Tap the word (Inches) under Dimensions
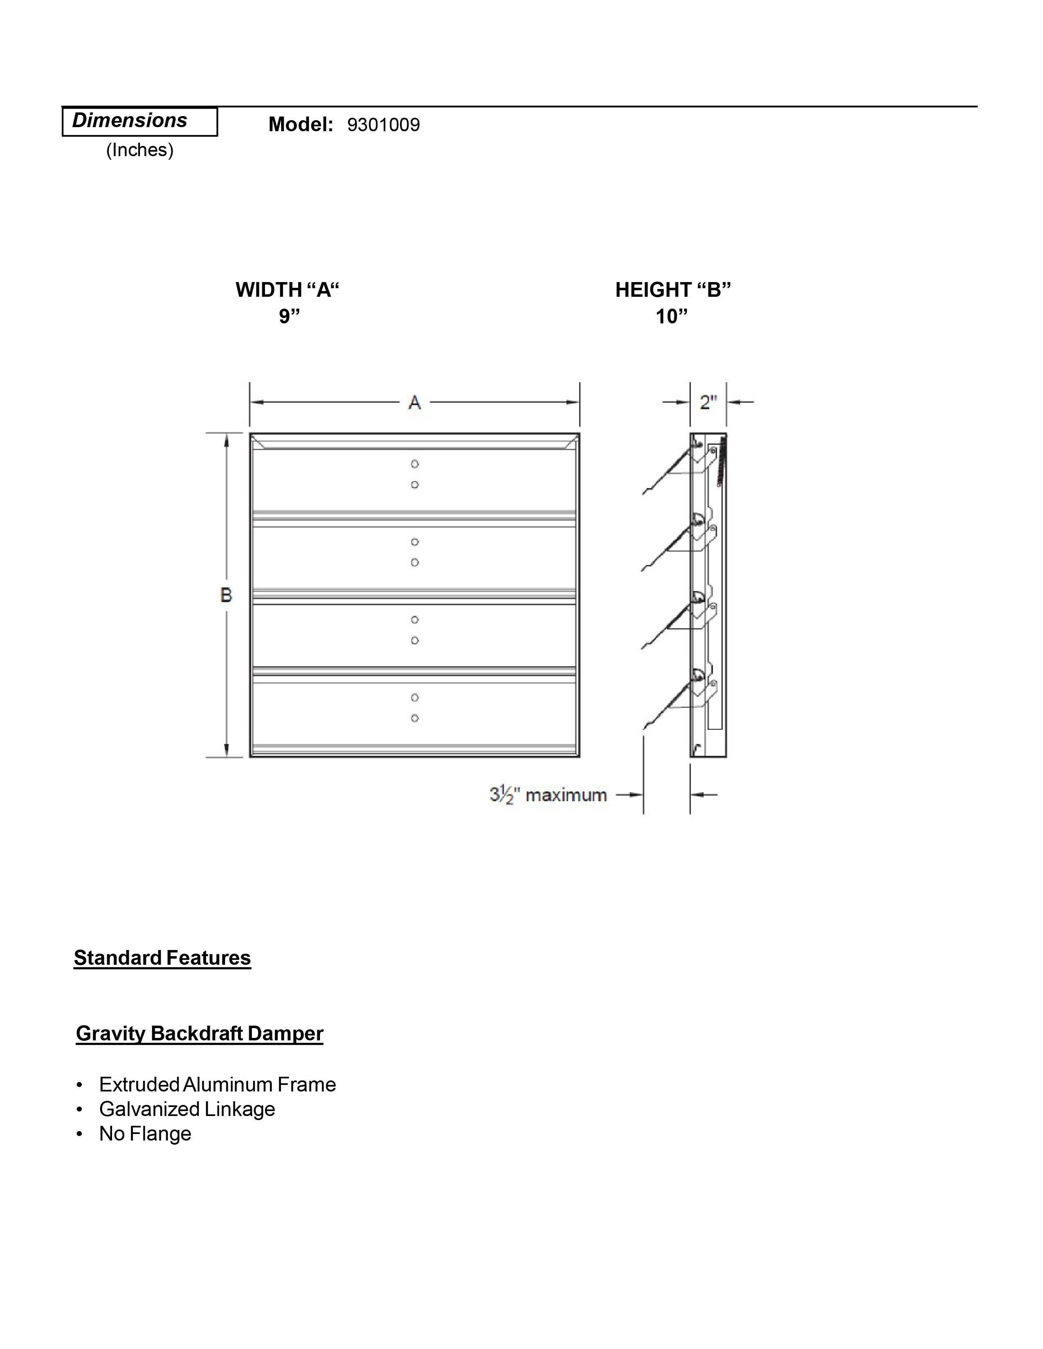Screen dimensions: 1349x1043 pos(139,150)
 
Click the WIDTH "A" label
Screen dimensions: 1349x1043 pos(287,290)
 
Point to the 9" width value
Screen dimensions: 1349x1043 pos(288,316)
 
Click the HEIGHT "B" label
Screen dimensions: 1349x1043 pos(673,290)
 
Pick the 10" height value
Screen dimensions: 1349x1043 pos(672,316)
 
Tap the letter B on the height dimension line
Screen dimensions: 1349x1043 pos(226,595)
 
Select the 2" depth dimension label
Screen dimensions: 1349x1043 pos(708,403)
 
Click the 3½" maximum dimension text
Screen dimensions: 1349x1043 pos(548,795)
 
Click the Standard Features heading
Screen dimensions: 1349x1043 pos(162,958)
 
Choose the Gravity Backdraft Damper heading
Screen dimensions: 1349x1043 pos(200,1033)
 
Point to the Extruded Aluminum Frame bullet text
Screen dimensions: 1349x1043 pos(218,1085)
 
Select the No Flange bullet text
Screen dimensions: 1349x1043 pos(145,1134)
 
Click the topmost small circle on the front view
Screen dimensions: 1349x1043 pos(415,464)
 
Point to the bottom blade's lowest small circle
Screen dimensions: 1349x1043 pos(415,718)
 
